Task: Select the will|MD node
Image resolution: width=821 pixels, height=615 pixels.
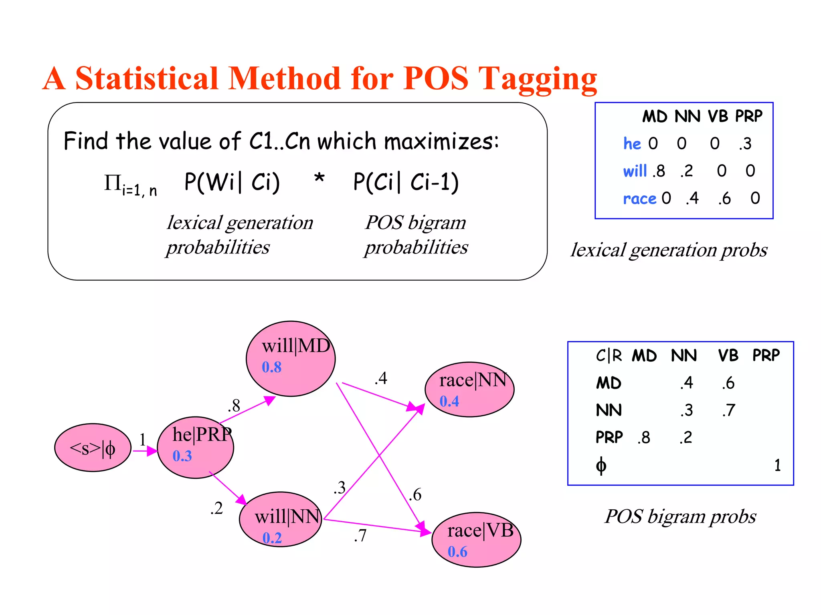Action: coord(291,358)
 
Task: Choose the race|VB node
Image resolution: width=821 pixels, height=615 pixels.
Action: coord(476,539)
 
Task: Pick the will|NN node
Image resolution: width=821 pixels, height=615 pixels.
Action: coord(281,519)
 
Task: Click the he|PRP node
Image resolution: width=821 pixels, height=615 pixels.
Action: coord(196,447)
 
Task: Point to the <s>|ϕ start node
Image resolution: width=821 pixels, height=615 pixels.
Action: coord(93,448)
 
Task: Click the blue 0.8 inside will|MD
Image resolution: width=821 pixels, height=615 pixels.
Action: coord(271,367)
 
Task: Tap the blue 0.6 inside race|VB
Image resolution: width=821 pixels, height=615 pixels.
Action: coord(457,552)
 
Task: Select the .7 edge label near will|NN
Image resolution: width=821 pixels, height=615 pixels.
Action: coord(360,536)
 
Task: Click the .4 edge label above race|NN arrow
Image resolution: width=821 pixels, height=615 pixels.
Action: coord(381,378)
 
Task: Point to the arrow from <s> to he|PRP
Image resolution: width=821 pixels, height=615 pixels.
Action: coord(145,451)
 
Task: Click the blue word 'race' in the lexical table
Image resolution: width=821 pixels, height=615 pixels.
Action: coord(639,199)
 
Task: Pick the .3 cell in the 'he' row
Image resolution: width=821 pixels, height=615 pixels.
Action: coord(745,144)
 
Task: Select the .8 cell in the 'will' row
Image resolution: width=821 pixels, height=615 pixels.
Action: coord(659,171)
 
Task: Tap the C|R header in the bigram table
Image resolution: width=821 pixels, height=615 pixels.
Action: coord(609,356)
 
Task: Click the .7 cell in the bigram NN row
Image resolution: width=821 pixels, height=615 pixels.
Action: coord(729,410)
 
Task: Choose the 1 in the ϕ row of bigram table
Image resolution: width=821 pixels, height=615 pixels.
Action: coord(777,465)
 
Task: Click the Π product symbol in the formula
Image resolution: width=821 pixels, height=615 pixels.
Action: coord(113,183)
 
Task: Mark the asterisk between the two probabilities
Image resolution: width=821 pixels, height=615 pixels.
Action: coord(319,178)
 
